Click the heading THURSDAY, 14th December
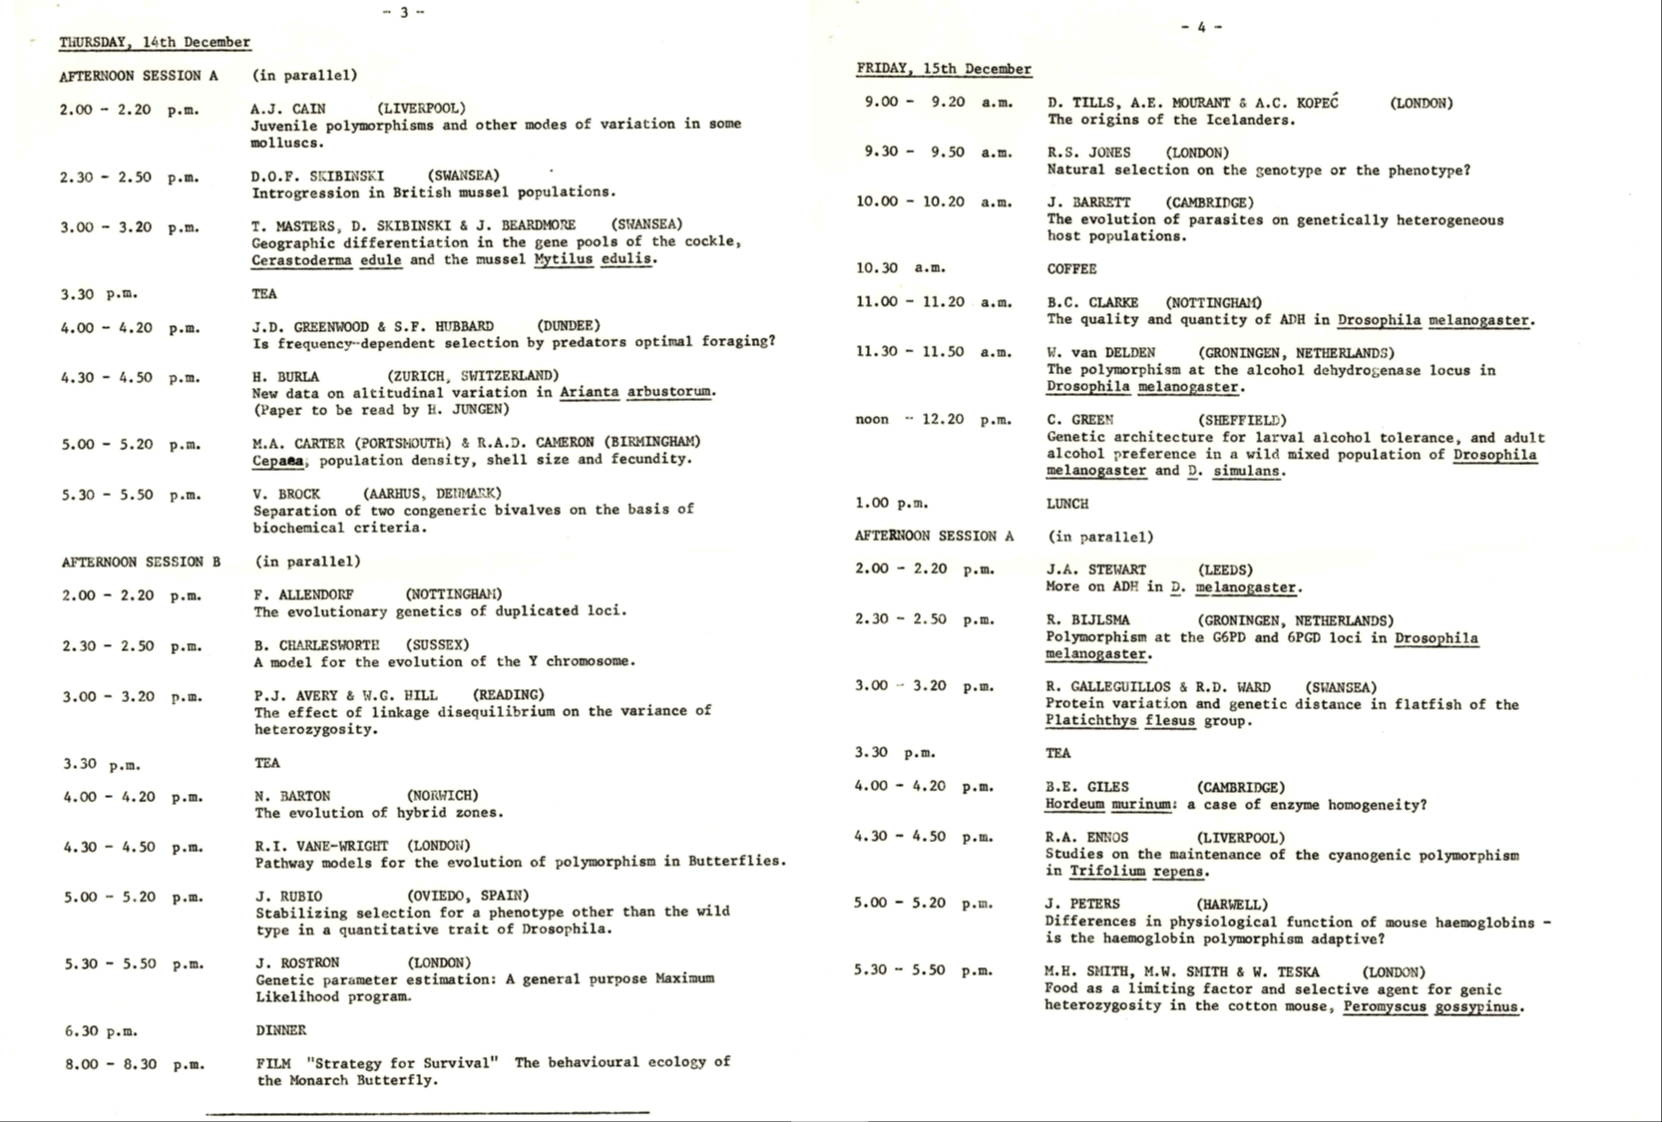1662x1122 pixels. coord(155,42)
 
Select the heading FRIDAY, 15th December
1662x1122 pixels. coord(944,69)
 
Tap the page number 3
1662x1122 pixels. coord(404,12)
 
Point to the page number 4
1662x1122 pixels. coord(1201,27)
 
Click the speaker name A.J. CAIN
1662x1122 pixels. coord(288,108)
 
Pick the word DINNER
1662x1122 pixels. coord(280,1030)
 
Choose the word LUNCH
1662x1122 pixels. coord(1067,504)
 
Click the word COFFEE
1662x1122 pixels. coord(1071,268)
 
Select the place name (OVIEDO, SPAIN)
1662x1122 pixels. coord(468,895)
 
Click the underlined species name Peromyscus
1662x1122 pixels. coord(1385,1006)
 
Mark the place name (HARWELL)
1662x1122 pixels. coord(1232,904)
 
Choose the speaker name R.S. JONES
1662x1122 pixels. coord(1088,153)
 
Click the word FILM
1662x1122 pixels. coord(273,1063)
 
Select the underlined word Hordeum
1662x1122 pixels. coord(1074,804)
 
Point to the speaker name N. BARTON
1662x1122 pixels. coord(292,796)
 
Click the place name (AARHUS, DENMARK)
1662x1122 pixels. coord(432,493)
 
